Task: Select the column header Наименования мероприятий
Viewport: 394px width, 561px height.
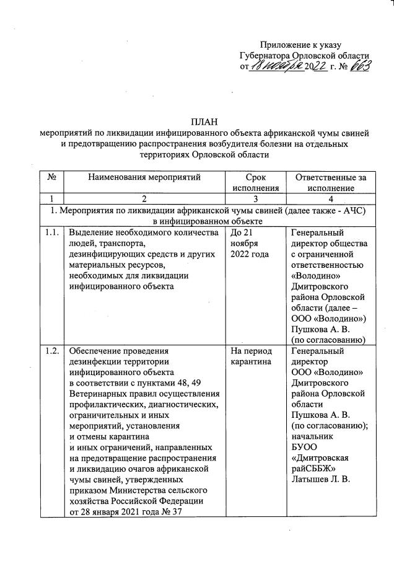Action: (x=144, y=178)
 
